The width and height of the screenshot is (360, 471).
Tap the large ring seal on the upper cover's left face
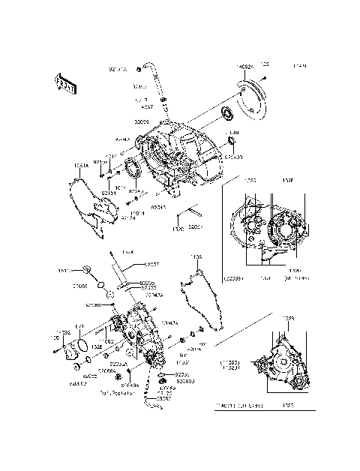click(136, 169)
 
